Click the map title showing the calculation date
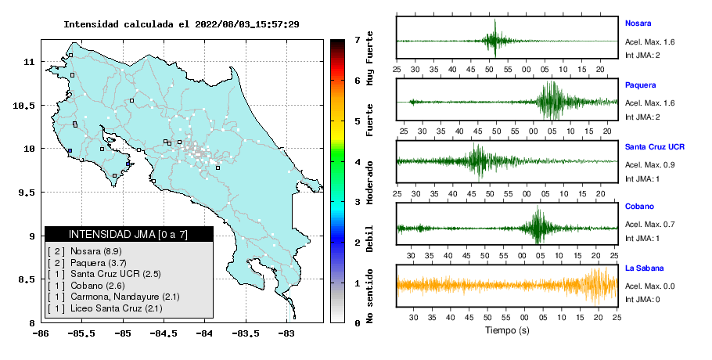tap(182, 24)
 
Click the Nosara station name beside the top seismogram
tap(638, 23)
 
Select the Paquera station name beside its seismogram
tap(640, 85)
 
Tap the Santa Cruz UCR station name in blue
tap(654, 146)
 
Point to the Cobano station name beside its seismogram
tap(639, 206)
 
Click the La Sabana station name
tap(644, 268)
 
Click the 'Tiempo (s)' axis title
tap(507, 330)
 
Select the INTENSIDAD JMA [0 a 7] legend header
tap(128, 234)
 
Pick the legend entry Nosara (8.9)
tap(95, 251)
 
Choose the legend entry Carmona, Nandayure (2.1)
tap(125, 297)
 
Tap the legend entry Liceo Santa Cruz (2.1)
tap(117, 308)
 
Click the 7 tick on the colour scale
tap(358, 40)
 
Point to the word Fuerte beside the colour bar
tap(369, 121)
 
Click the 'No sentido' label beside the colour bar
tap(369, 296)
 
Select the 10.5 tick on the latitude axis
tap(24, 106)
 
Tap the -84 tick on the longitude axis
tap(204, 333)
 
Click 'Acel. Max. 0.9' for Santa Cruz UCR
tap(649, 165)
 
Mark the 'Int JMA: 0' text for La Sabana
tap(642, 299)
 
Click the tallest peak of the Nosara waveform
tap(495, 20)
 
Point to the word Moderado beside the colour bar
tap(369, 182)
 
